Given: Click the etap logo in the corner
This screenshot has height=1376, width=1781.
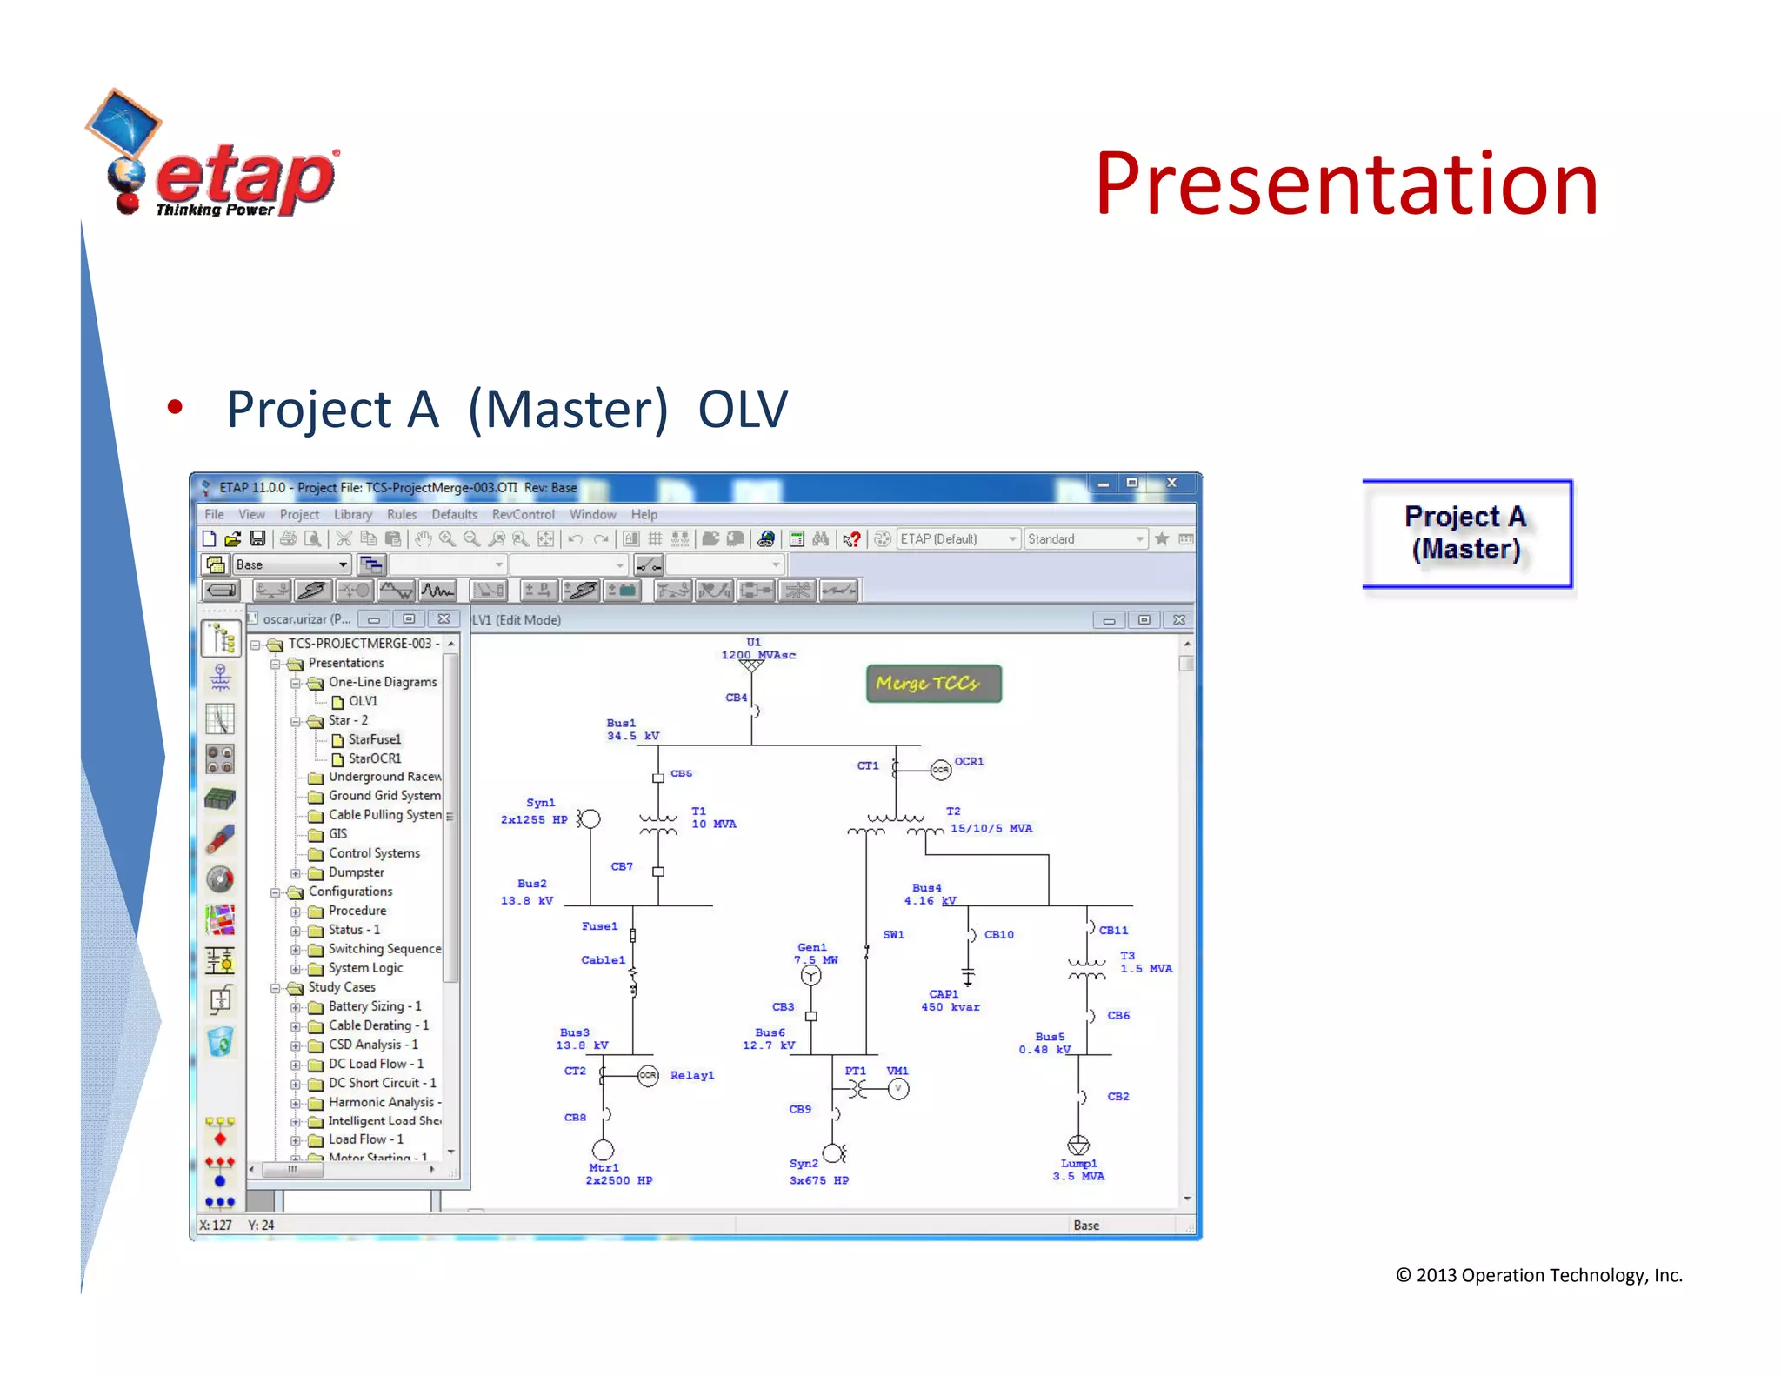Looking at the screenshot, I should [213, 157].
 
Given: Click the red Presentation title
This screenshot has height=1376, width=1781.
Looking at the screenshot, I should [1345, 184].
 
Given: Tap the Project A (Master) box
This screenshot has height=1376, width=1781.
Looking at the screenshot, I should [1466, 533].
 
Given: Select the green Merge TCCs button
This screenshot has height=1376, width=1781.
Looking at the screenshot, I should [933, 684].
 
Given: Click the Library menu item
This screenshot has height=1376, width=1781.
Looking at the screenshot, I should [352, 514].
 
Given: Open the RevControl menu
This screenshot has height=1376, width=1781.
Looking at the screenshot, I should [522, 514].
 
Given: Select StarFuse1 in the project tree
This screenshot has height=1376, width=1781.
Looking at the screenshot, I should [374, 739].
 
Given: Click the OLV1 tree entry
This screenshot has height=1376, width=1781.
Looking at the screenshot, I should [363, 701].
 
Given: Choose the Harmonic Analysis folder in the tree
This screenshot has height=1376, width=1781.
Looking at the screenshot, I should [381, 1102].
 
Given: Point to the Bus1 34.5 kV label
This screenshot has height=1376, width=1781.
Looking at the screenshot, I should [632, 730].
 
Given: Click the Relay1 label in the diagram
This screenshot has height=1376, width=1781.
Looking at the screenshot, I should [691, 1076].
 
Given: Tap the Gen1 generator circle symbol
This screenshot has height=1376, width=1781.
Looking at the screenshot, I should [810, 976].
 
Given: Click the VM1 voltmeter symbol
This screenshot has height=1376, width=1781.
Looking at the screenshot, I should [898, 1089].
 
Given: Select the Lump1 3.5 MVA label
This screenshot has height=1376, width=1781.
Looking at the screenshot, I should [1078, 1170].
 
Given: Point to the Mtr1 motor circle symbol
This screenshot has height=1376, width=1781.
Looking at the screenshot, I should [603, 1150].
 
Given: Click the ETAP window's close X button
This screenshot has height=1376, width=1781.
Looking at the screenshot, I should [1171, 483].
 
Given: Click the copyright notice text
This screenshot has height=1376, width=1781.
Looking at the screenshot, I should [1538, 1275].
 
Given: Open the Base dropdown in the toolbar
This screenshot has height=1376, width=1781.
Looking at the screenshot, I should [343, 564].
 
